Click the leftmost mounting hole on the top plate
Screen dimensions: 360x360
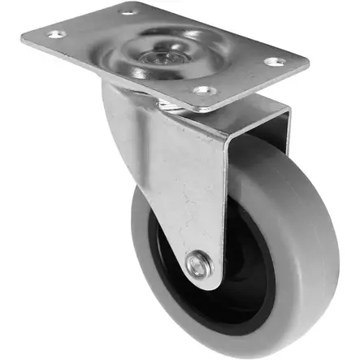(55, 34)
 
